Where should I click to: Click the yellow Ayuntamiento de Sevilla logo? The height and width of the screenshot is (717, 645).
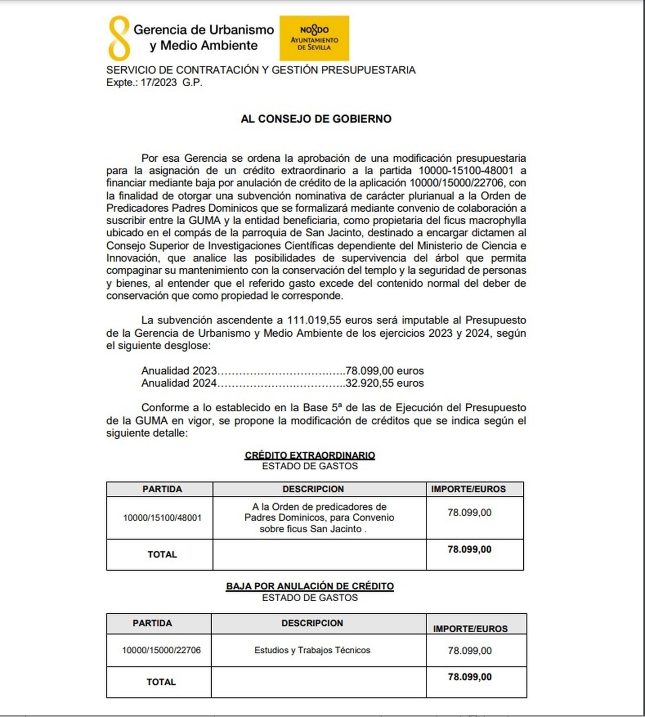tap(314, 38)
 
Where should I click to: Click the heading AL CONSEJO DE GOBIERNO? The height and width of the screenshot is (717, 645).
tap(316, 119)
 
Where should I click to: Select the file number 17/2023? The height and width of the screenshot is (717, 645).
tap(158, 83)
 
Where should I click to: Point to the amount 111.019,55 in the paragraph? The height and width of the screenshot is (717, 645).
tap(314, 320)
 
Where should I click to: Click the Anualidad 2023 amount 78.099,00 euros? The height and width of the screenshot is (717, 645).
tap(385, 371)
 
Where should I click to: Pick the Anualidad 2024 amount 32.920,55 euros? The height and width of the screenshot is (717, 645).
tap(385, 383)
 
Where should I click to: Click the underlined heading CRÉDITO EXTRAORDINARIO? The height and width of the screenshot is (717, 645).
tap(310, 455)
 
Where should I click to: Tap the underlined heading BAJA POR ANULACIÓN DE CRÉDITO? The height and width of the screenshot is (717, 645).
tap(310, 586)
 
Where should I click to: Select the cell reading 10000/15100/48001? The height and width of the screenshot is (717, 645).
tap(162, 518)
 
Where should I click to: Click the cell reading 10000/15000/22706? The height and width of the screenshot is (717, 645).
tap(161, 650)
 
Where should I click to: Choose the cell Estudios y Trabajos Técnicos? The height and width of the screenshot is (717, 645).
tap(312, 650)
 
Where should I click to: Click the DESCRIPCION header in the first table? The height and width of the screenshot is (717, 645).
tap(313, 489)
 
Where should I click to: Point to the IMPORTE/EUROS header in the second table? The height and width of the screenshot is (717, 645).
tap(470, 629)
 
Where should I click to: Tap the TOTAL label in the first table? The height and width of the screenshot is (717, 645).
tap(162, 554)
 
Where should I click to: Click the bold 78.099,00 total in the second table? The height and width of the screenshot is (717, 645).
tap(470, 677)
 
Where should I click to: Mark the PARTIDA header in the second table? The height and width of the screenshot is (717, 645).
tap(152, 623)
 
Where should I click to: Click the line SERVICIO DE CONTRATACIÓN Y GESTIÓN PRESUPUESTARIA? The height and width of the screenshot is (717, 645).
tap(261, 70)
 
